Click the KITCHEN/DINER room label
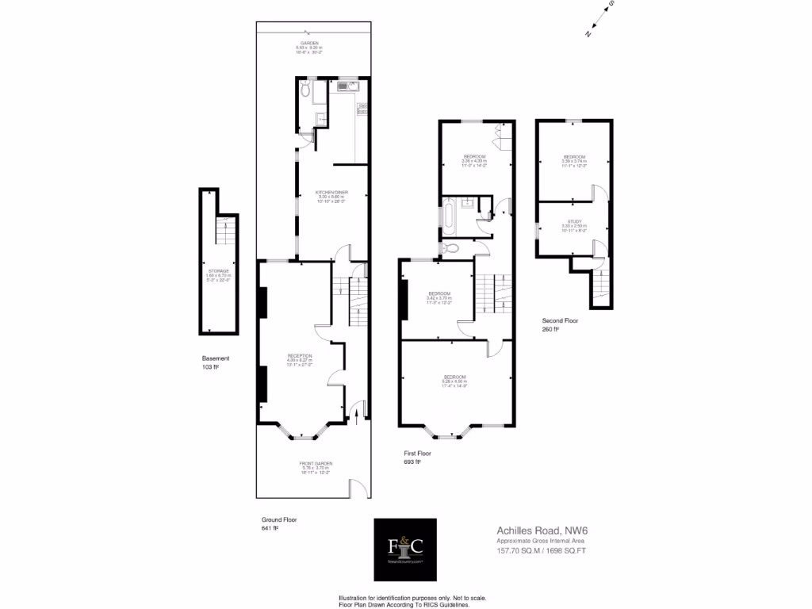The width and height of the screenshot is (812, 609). point(331,192)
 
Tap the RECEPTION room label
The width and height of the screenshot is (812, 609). point(299,355)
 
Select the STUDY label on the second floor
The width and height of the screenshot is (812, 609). point(574,222)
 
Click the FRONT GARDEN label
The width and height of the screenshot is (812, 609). point(316,463)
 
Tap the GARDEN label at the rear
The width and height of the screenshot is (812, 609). point(309,43)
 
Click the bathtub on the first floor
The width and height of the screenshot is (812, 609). point(449,216)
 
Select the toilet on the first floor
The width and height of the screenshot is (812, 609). point(451,248)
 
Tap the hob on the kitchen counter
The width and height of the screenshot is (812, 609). point(362,110)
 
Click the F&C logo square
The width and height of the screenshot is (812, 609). point(405,547)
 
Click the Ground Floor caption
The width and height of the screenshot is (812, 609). point(279,520)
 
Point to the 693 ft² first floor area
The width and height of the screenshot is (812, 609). point(412,462)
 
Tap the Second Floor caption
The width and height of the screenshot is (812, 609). point(561,320)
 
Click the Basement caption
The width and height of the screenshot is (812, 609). point(216,358)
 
